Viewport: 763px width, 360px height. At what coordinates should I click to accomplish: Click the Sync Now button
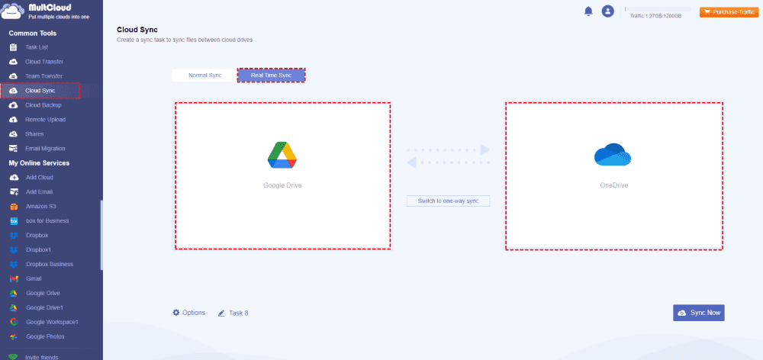point(698,313)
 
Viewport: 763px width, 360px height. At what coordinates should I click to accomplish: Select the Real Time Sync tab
point(271,76)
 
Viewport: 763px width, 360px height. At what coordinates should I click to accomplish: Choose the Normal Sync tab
point(204,76)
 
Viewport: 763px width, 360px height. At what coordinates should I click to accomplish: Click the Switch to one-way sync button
point(448,201)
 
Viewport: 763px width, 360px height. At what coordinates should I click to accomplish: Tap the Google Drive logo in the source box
point(282,155)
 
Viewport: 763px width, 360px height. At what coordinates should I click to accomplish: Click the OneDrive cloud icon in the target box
point(613,155)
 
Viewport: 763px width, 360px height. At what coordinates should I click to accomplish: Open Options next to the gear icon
point(194,313)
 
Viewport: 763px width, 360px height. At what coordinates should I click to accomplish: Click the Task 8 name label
point(238,313)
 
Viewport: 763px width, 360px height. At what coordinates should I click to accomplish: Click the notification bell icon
point(588,11)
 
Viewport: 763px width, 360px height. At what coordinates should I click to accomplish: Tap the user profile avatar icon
point(608,11)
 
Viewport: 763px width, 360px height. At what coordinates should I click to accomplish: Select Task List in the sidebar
point(37,47)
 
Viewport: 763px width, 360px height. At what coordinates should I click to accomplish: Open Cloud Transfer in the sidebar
point(44,62)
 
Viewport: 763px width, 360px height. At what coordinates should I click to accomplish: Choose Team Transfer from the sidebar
point(43,76)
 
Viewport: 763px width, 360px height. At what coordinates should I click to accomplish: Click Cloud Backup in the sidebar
point(43,105)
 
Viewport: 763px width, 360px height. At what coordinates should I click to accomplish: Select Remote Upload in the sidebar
point(45,120)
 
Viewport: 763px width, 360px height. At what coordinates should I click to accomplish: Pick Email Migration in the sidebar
point(46,149)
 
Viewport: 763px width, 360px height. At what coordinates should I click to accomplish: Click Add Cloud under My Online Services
point(40,178)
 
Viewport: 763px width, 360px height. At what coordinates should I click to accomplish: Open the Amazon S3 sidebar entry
point(41,207)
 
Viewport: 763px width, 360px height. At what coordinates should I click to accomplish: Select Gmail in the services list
point(34,279)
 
